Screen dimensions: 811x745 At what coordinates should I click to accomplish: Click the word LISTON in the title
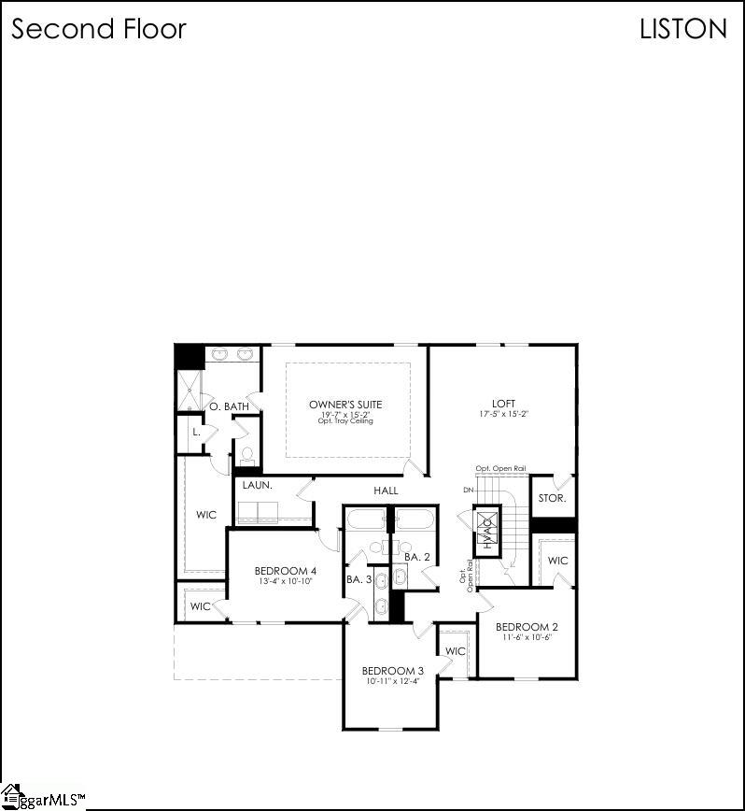(682, 29)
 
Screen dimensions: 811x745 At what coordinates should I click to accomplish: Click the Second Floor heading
(98, 29)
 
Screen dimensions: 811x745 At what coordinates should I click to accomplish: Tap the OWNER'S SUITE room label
(345, 405)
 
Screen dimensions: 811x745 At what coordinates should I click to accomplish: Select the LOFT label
(504, 404)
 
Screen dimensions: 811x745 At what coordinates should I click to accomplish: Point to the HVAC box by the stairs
(486, 532)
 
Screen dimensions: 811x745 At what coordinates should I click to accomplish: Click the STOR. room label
(552, 498)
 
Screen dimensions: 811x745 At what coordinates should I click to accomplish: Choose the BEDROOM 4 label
(286, 571)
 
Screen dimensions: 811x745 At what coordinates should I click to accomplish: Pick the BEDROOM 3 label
(393, 671)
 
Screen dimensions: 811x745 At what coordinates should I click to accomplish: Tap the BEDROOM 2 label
(527, 626)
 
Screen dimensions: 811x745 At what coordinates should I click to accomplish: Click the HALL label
(386, 491)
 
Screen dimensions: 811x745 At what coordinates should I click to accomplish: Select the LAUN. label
(257, 486)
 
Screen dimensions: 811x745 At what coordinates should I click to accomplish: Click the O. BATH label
(229, 406)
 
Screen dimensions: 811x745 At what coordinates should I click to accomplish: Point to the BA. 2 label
(416, 557)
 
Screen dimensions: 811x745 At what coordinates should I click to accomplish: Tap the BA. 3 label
(358, 579)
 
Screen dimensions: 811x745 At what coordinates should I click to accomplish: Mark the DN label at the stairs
(469, 490)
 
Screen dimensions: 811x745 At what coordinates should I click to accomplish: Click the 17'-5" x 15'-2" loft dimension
(504, 413)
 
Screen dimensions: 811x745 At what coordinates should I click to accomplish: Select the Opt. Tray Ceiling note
(345, 420)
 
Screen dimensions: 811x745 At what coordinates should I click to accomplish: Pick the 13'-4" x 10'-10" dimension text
(286, 580)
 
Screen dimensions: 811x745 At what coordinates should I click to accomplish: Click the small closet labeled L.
(196, 433)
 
